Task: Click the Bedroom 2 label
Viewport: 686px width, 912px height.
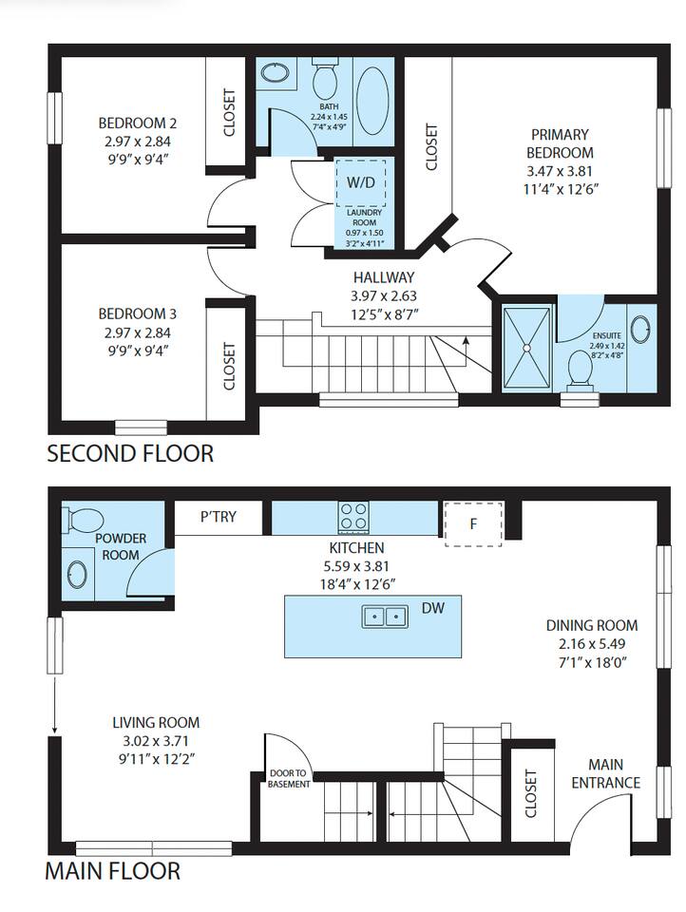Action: coord(138,123)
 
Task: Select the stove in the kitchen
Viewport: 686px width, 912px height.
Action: coord(354,517)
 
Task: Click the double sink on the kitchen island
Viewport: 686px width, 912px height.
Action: coord(384,616)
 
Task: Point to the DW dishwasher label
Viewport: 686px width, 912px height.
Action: coord(433,608)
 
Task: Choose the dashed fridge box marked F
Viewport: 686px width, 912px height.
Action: coord(473,524)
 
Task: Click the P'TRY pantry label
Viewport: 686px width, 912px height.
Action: coord(219,516)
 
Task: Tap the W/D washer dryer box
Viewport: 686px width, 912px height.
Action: coord(361,182)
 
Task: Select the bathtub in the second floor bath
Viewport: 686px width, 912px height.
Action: coord(373,101)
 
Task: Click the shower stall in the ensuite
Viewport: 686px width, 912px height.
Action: coord(526,348)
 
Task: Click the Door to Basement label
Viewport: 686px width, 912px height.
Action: coord(289,779)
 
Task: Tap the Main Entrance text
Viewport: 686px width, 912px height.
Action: coord(605,773)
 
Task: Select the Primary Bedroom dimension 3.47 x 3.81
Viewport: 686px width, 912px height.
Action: coord(560,172)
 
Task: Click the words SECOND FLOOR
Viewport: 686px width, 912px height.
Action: coord(130,454)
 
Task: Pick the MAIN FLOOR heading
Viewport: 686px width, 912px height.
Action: coord(113,871)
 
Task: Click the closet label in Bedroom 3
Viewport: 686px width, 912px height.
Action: coord(229,367)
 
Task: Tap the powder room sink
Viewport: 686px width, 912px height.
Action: coord(77,575)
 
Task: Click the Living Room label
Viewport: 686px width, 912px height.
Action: coord(156,722)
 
